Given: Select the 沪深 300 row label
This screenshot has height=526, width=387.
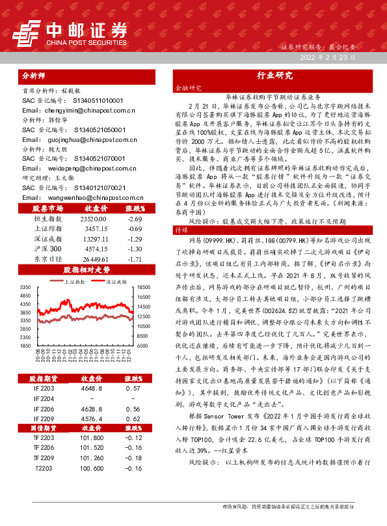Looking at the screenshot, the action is click(46, 249).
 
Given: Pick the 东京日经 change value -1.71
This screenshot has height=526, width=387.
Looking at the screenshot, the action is click(135, 259).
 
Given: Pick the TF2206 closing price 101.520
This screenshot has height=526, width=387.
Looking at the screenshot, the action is click(92, 448).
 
